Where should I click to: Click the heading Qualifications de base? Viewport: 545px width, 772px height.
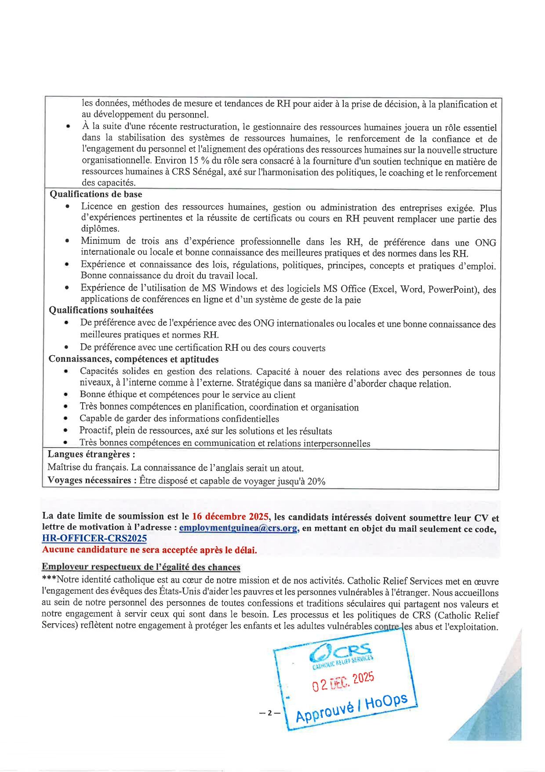tap(96, 194)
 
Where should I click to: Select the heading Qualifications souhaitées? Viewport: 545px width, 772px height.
tap(101, 310)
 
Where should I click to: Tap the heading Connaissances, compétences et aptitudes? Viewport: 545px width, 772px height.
tap(134, 359)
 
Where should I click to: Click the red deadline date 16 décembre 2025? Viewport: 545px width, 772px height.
tap(230, 516)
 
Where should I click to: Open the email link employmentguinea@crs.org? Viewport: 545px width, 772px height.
tap(239, 528)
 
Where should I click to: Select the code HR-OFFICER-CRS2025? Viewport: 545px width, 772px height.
tap(94, 538)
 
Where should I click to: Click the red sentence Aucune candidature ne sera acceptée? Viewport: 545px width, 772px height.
tap(149, 550)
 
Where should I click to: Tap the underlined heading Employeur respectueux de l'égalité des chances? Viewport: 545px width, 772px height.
tap(141, 567)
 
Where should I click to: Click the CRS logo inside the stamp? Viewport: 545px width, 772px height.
tap(341, 653)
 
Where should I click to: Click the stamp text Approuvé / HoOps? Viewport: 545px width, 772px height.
tap(352, 708)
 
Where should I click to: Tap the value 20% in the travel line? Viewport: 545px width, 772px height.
tap(316, 481)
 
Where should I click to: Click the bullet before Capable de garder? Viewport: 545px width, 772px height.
tap(65, 419)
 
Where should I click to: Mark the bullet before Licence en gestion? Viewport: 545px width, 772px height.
tap(67, 206)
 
